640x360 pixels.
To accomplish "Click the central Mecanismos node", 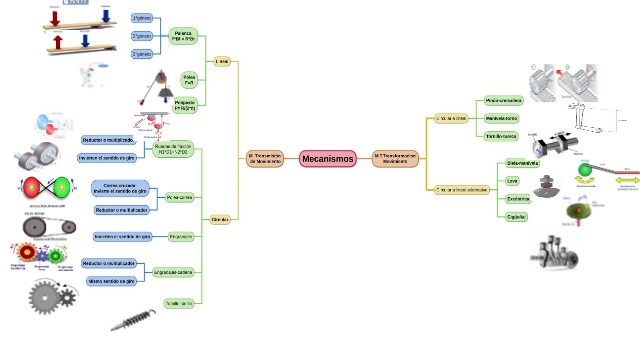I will [x=328, y=159].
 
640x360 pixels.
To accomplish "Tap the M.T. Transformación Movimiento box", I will [x=394, y=159].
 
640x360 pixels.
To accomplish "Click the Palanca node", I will [x=184, y=36].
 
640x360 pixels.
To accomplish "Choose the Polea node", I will [x=188, y=77].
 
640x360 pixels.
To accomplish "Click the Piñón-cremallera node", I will [x=503, y=101].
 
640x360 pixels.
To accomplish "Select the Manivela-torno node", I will [x=502, y=118].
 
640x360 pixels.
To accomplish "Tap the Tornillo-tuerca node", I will [x=502, y=135].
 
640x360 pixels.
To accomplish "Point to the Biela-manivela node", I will [x=522, y=162].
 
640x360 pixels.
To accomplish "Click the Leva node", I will [x=513, y=180].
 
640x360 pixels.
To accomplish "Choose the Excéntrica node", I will [x=517, y=198].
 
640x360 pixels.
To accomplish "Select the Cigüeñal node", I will [x=516, y=216].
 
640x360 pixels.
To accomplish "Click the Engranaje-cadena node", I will [x=173, y=271].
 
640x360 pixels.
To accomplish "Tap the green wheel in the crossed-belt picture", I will [x=58, y=187].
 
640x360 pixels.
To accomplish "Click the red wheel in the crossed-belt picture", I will [x=32, y=187].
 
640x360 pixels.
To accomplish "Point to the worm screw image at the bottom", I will [x=132, y=321].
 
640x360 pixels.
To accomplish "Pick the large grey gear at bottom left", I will [x=44, y=298].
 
